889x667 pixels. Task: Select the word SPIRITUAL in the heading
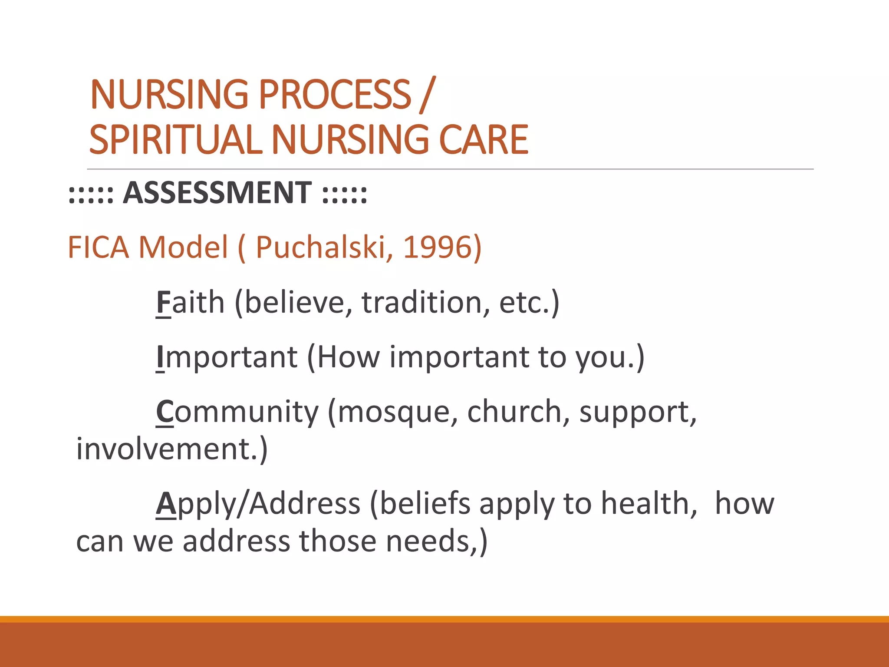tap(175, 140)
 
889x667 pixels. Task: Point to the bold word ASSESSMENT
tap(217, 192)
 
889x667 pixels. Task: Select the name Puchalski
tap(324, 247)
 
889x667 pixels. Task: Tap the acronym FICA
tap(99, 247)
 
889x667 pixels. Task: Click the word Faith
tap(190, 302)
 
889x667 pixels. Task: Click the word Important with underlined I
tap(227, 357)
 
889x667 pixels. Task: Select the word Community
tap(237, 412)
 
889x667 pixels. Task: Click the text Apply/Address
tap(258, 504)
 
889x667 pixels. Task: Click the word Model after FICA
tap(183, 247)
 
